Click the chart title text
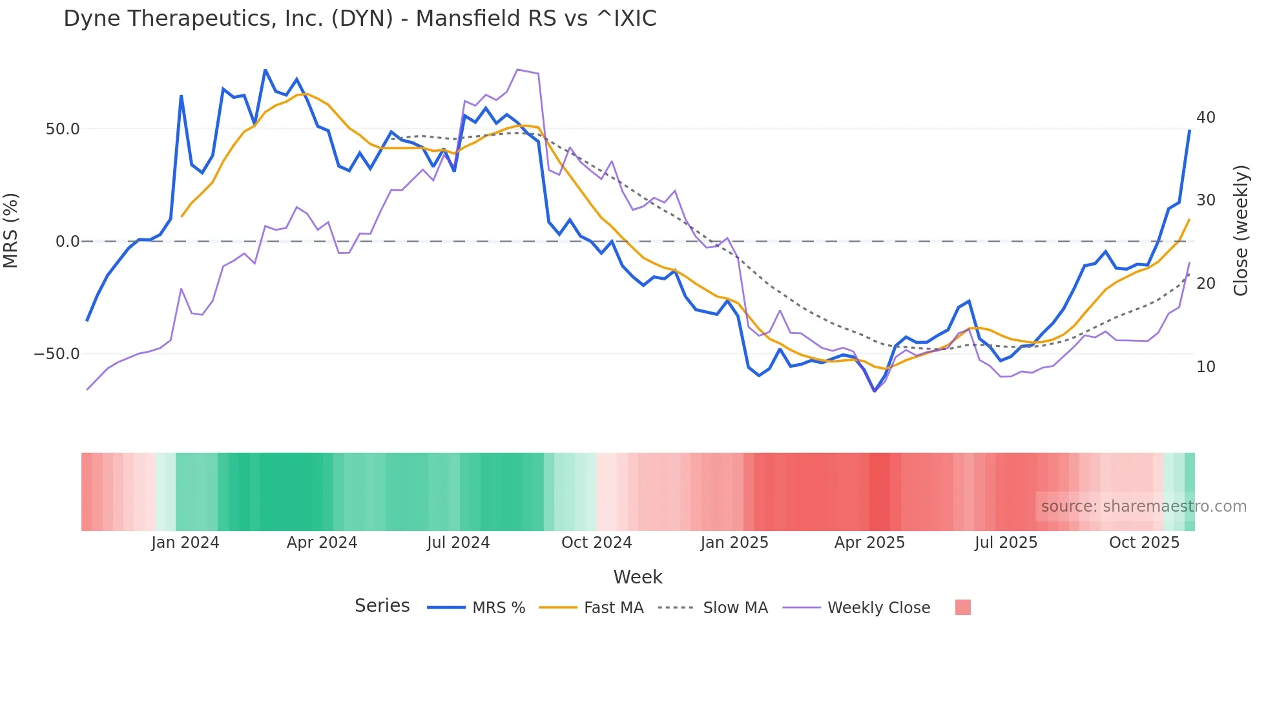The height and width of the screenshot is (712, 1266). click(360, 19)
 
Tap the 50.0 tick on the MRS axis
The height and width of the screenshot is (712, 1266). click(63, 129)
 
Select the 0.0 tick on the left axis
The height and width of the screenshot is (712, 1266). click(67, 242)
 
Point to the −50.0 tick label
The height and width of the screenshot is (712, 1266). click(57, 354)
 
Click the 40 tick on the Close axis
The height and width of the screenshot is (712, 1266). click(1205, 118)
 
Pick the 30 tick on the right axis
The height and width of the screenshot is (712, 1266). click(1205, 200)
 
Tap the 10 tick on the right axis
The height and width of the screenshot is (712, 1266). click(1205, 367)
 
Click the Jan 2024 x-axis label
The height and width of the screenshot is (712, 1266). click(185, 543)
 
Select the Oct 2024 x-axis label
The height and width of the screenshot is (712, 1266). click(596, 543)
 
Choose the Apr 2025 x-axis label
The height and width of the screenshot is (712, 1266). click(869, 543)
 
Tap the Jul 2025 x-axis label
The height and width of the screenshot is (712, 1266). click(1006, 543)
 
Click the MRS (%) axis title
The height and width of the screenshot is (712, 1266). click(11, 231)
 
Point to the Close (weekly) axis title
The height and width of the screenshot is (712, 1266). click(1240, 231)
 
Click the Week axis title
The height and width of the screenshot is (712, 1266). click(638, 577)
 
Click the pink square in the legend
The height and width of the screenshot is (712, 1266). click(962, 607)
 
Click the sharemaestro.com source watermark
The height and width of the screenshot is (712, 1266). click(1143, 507)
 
